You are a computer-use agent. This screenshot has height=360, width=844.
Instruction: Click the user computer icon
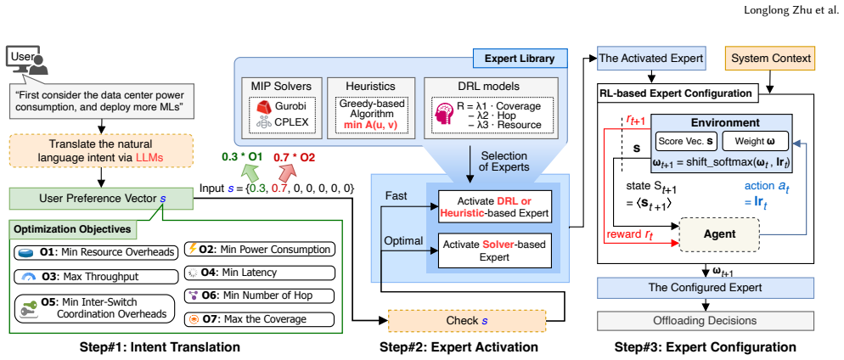click(x=27, y=60)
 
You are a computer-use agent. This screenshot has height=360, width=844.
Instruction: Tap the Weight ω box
click(x=755, y=143)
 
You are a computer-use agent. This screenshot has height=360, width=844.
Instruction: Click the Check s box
click(x=467, y=321)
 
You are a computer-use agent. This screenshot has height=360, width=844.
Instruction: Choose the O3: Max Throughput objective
click(x=96, y=277)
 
